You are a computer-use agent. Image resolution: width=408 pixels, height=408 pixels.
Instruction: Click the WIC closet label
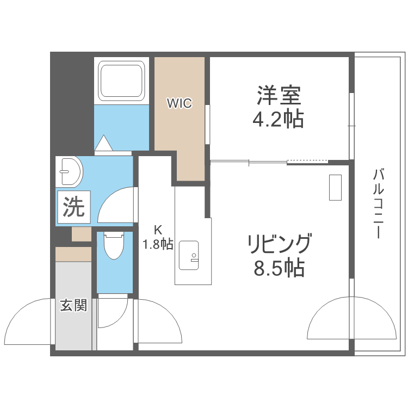[x=179, y=103]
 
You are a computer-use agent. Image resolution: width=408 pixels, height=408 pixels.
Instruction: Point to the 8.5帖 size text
[x=279, y=267]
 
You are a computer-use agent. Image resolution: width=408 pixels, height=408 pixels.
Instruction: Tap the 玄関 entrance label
[x=73, y=305]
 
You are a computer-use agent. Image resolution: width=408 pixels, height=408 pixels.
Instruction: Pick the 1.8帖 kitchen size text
[x=158, y=244]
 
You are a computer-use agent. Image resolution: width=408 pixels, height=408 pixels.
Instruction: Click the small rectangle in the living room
[x=335, y=187]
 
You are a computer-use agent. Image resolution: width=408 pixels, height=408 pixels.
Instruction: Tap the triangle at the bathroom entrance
[x=103, y=143]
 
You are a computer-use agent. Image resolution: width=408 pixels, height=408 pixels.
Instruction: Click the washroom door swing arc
[x=117, y=205]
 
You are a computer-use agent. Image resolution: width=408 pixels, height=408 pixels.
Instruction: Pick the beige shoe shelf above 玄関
[x=73, y=254]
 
